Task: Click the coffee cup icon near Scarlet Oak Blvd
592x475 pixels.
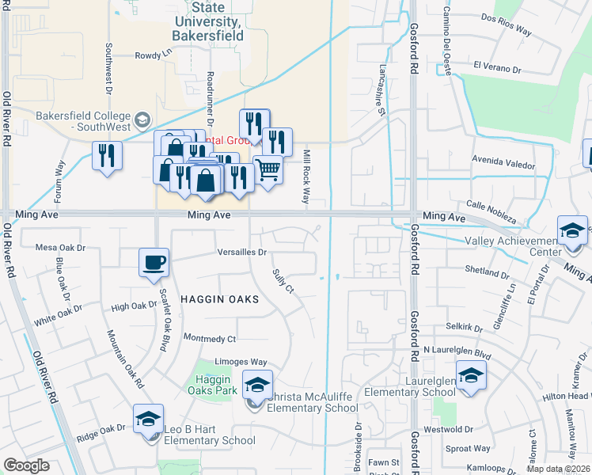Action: coord(154,262)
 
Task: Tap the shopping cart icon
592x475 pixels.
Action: coord(268,169)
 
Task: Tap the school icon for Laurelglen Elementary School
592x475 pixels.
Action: coord(471,374)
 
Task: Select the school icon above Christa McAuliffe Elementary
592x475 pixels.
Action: coord(257,385)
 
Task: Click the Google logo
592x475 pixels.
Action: coord(26,465)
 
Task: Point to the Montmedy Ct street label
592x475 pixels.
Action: coord(210,339)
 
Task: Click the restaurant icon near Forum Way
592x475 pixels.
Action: coord(107,155)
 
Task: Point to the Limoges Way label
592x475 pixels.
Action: coord(241,362)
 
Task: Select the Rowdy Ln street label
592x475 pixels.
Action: coord(153,55)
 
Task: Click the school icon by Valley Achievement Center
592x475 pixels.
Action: coord(571,230)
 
